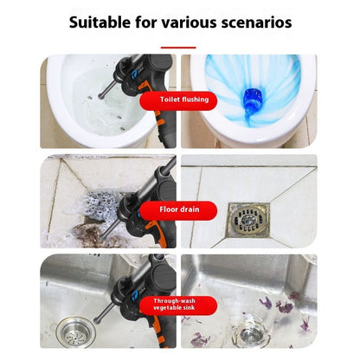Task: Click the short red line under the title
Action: tap(179, 48)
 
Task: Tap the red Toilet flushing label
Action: tap(181, 100)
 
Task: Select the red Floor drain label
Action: tap(181, 209)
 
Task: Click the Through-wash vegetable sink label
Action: tap(179, 304)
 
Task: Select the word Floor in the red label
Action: tap(170, 209)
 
